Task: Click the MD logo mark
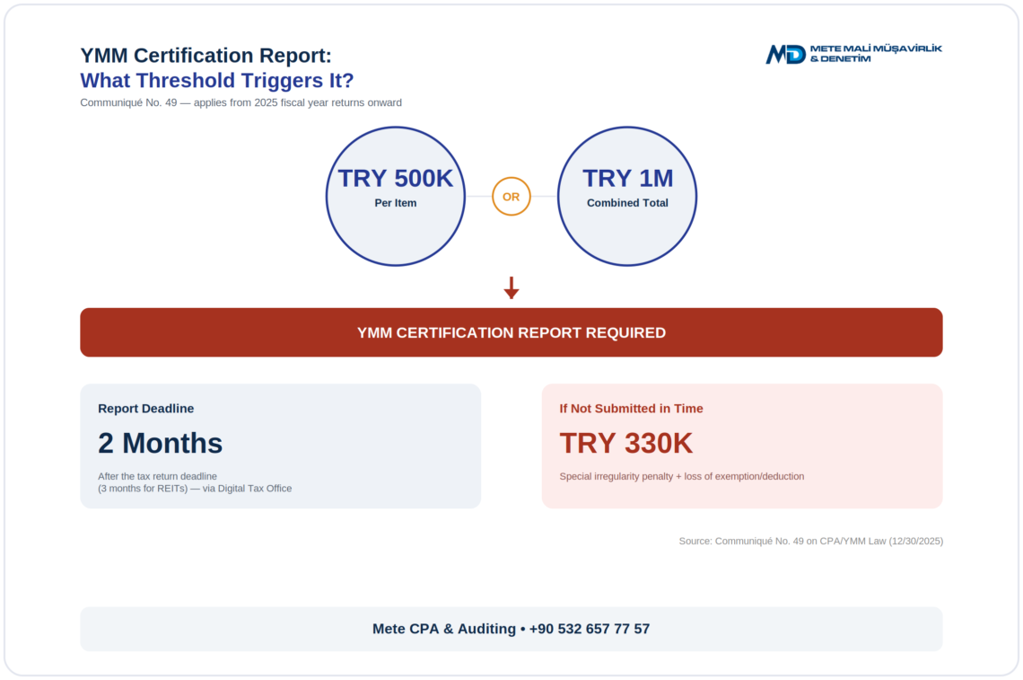pyautogui.click(x=785, y=54)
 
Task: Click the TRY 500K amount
pyautogui.click(x=396, y=179)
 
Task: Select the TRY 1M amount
pyautogui.click(x=627, y=179)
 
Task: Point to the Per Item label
pyautogui.click(x=396, y=203)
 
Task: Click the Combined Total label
pyautogui.click(x=627, y=203)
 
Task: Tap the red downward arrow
pyautogui.click(x=511, y=287)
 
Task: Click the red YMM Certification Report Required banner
pyautogui.click(x=511, y=332)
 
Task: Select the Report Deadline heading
pyautogui.click(x=146, y=408)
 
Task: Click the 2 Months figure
pyautogui.click(x=161, y=443)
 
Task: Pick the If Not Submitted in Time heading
pyautogui.click(x=631, y=408)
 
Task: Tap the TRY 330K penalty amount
pyautogui.click(x=626, y=443)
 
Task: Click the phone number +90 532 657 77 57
pyautogui.click(x=590, y=629)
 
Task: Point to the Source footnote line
pyautogui.click(x=811, y=541)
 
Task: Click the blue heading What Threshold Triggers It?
pyautogui.click(x=216, y=80)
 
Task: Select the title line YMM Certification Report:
pyautogui.click(x=206, y=56)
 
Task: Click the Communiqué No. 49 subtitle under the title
pyautogui.click(x=240, y=102)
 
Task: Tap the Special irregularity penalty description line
pyautogui.click(x=682, y=476)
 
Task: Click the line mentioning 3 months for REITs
pyautogui.click(x=195, y=489)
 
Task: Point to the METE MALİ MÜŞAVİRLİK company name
pyautogui.click(x=876, y=49)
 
